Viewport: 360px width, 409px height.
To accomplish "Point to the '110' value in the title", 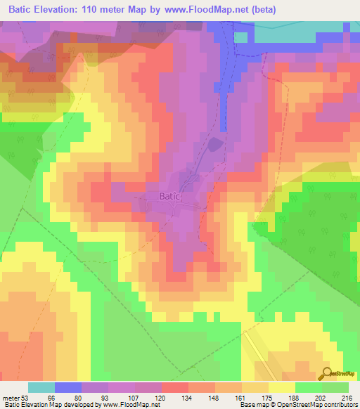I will pyautogui.click(x=101, y=10).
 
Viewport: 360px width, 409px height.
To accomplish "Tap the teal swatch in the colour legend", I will pyautogui.click(x=41, y=387).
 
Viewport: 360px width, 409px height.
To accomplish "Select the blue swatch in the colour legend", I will pyautogui.click(x=68, y=387).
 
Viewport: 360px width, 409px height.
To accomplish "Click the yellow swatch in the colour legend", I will pyautogui.click(x=282, y=387).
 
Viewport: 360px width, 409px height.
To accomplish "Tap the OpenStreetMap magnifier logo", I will pyautogui.click(x=326, y=373).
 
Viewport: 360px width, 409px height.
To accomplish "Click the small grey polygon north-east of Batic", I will pyautogui.click(x=215, y=145).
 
